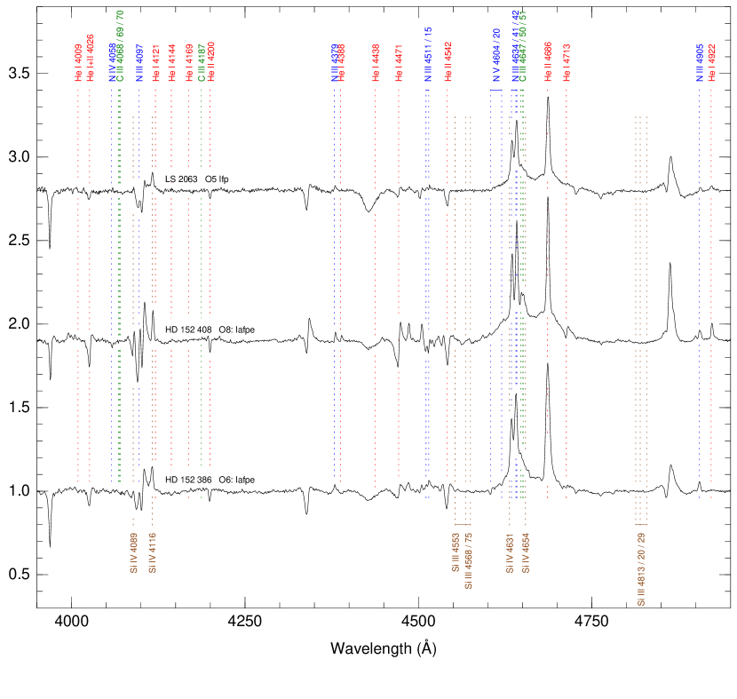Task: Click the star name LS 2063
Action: point(181,179)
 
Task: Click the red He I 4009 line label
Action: point(78,63)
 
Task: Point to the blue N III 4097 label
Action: point(139,63)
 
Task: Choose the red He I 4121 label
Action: point(155,63)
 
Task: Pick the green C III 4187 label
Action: point(202,63)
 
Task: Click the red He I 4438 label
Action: point(376,63)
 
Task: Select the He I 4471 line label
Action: point(399,63)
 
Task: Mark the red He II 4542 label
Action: point(448,62)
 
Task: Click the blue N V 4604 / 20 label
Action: point(496,55)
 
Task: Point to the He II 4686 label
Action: point(548,62)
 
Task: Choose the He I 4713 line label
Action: point(567,62)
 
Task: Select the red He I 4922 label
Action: point(711,63)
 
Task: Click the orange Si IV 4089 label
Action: point(133,552)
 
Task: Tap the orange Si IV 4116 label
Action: point(153,552)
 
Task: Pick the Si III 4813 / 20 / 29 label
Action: point(641,568)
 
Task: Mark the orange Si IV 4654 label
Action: point(526,552)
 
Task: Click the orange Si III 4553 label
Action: point(456,552)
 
